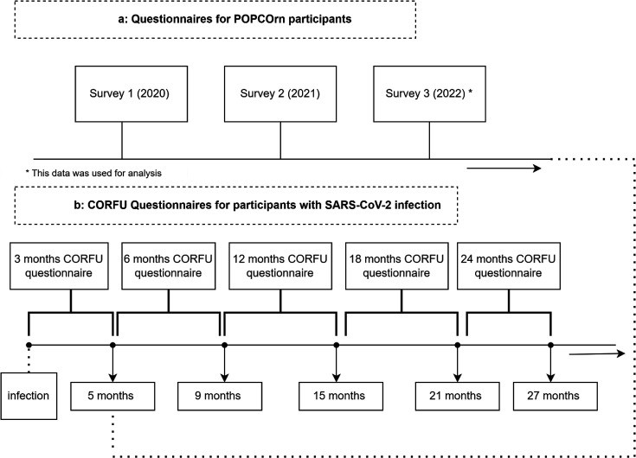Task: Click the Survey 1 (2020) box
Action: point(131,93)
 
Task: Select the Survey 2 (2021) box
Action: point(280,93)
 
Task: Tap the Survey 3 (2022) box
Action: point(429,93)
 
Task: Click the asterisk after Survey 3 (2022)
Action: point(470,92)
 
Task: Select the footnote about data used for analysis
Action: point(93,174)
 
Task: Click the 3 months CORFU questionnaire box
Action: point(59,266)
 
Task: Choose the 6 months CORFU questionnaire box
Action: point(169,266)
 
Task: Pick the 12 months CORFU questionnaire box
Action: point(280,266)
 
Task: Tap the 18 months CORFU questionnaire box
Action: point(396,266)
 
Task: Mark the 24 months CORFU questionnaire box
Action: point(509,266)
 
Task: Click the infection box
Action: point(29,396)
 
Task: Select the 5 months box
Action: point(112,396)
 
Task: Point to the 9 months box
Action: point(220,396)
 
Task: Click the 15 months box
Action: point(341,396)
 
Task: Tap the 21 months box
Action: point(457,396)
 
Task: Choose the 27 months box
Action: point(556,396)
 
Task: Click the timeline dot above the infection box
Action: point(29,345)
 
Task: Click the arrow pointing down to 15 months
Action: point(337,364)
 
